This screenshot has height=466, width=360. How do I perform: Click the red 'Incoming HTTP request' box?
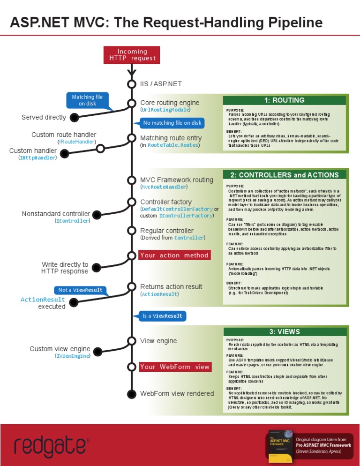[132, 55]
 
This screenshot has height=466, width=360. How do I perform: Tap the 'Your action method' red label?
[174, 256]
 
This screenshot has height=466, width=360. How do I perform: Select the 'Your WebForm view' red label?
[174, 367]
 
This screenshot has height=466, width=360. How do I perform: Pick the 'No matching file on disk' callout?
[172, 123]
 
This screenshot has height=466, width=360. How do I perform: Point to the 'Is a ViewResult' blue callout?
[163, 316]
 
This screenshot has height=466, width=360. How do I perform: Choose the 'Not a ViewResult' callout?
[80, 290]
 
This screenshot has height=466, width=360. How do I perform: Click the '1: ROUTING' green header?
[284, 100]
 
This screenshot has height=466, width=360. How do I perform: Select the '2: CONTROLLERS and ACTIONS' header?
[284, 175]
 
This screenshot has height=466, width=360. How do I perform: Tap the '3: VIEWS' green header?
[284, 332]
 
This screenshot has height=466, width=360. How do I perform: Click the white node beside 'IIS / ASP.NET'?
[132, 84]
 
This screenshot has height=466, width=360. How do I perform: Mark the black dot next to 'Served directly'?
[75, 117]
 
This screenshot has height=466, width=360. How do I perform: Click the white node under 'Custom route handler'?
[100, 149]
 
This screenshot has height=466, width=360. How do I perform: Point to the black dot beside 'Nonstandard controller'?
[97, 215]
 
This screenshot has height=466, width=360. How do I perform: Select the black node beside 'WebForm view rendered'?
[132, 393]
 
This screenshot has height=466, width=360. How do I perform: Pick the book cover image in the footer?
[280, 444]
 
